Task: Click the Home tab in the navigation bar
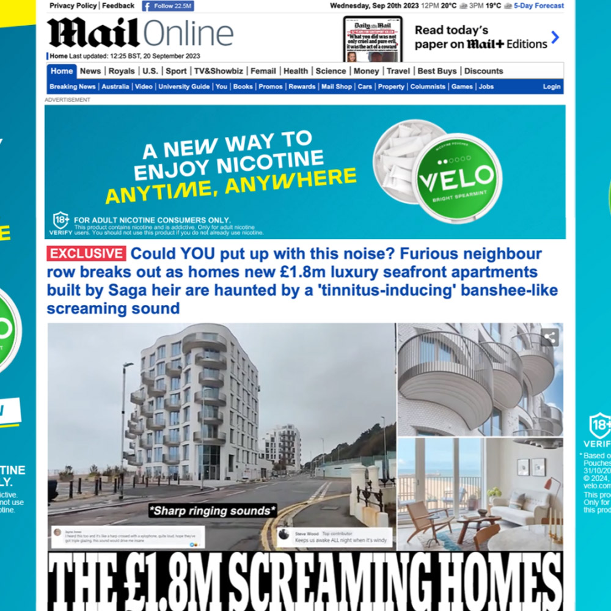(x=62, y=71)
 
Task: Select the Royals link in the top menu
(x=122, y=71)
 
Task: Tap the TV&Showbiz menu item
(x=218, y=71)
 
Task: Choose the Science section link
(x=331, y=71)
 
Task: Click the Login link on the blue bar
(x=551, y=87)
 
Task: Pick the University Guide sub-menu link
(x=184, y=87)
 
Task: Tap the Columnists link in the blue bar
(x=428, y=87)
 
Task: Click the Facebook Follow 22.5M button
(x=167, y=6)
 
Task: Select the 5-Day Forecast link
(x=539, y=6)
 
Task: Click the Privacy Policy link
(x=73, y=6)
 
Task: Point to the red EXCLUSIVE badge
(x=86, y=254)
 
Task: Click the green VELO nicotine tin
(x=456, y=178)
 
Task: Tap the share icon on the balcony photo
(x=549, y=337)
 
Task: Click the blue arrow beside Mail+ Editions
(x=555, y=38)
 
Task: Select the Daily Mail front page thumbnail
(x=372, y=39)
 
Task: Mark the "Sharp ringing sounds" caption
(x=213, y=510)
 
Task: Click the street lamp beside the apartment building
(x=124, y=422)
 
